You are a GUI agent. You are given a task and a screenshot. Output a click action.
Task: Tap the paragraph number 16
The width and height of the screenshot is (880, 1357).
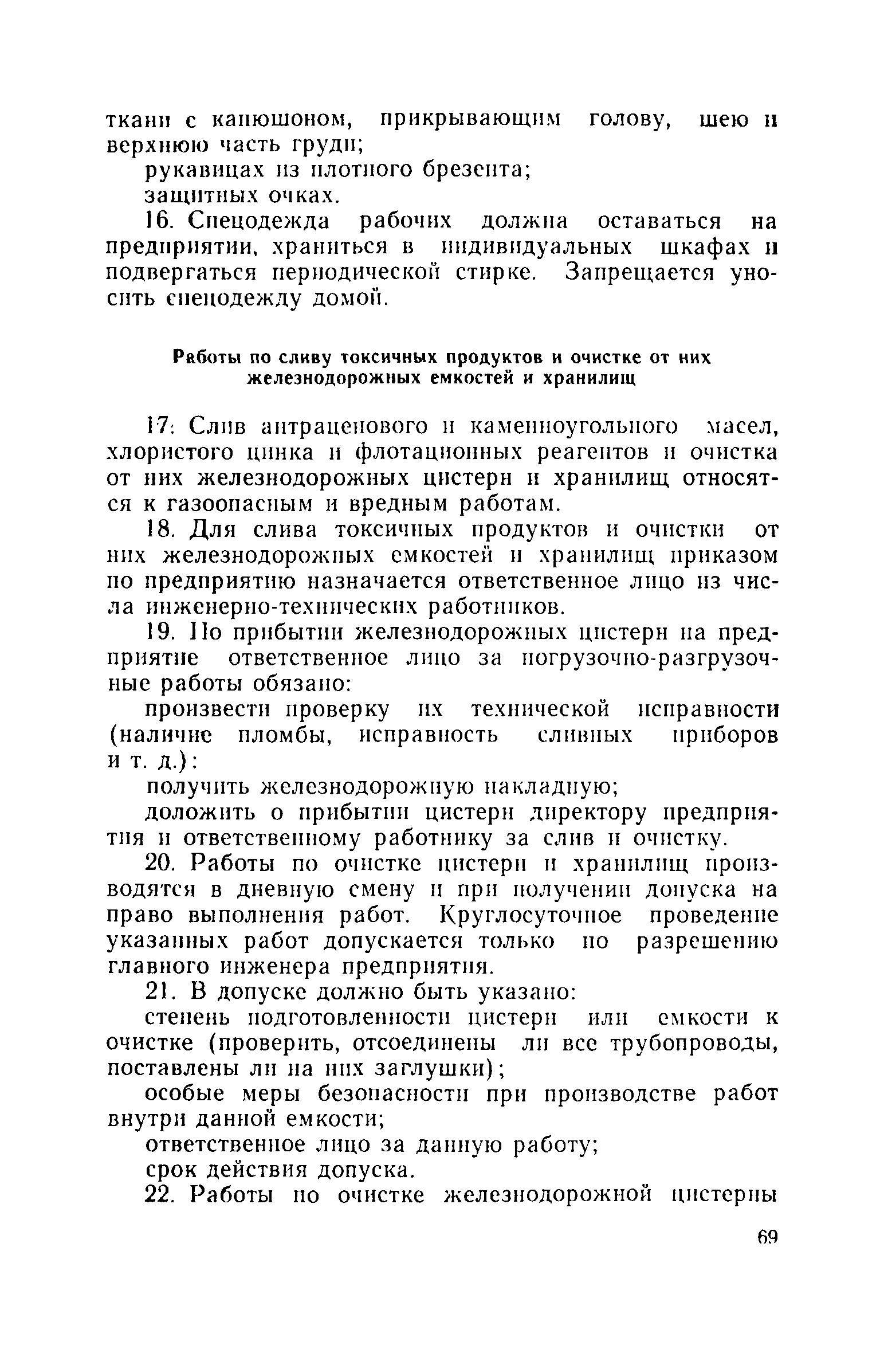156,221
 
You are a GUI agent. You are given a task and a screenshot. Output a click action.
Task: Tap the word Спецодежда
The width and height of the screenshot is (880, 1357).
258,221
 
